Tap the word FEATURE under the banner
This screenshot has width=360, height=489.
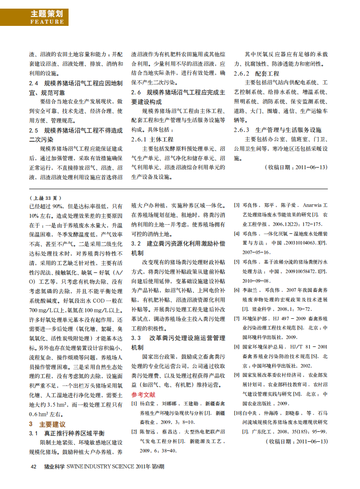47,22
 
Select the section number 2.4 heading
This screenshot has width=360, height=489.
33,83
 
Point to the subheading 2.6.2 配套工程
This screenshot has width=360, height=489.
256,73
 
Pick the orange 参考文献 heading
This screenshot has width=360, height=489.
143,382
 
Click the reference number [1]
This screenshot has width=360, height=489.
134,391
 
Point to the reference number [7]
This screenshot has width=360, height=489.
237,318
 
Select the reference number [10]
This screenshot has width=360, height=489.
238,414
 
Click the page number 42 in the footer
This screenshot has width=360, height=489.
33,466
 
